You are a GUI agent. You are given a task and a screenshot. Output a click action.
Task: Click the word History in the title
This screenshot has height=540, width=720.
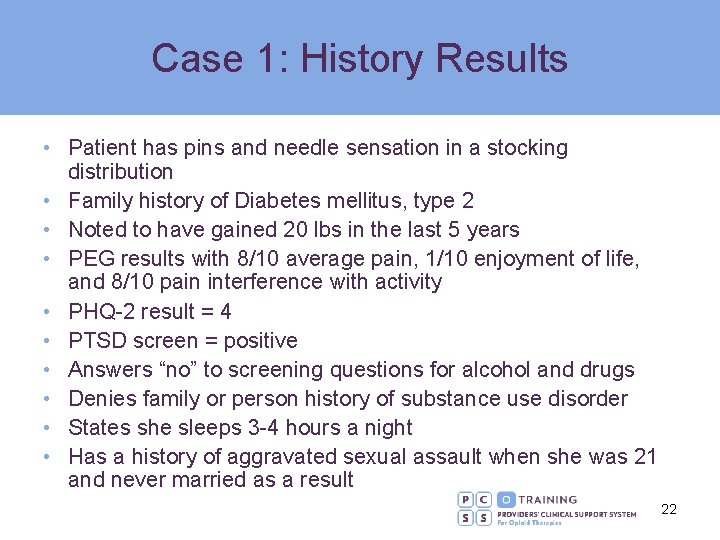[x=356, y=59]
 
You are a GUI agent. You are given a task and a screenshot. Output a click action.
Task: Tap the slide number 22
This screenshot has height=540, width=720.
[x=669, y=509]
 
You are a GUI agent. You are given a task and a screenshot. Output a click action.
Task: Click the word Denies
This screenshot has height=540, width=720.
[x=101, y=399]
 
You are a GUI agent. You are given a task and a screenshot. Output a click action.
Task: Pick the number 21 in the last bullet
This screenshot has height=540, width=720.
[x=645, y=457]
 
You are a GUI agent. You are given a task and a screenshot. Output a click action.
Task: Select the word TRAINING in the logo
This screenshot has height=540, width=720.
[x=548, y=498]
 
